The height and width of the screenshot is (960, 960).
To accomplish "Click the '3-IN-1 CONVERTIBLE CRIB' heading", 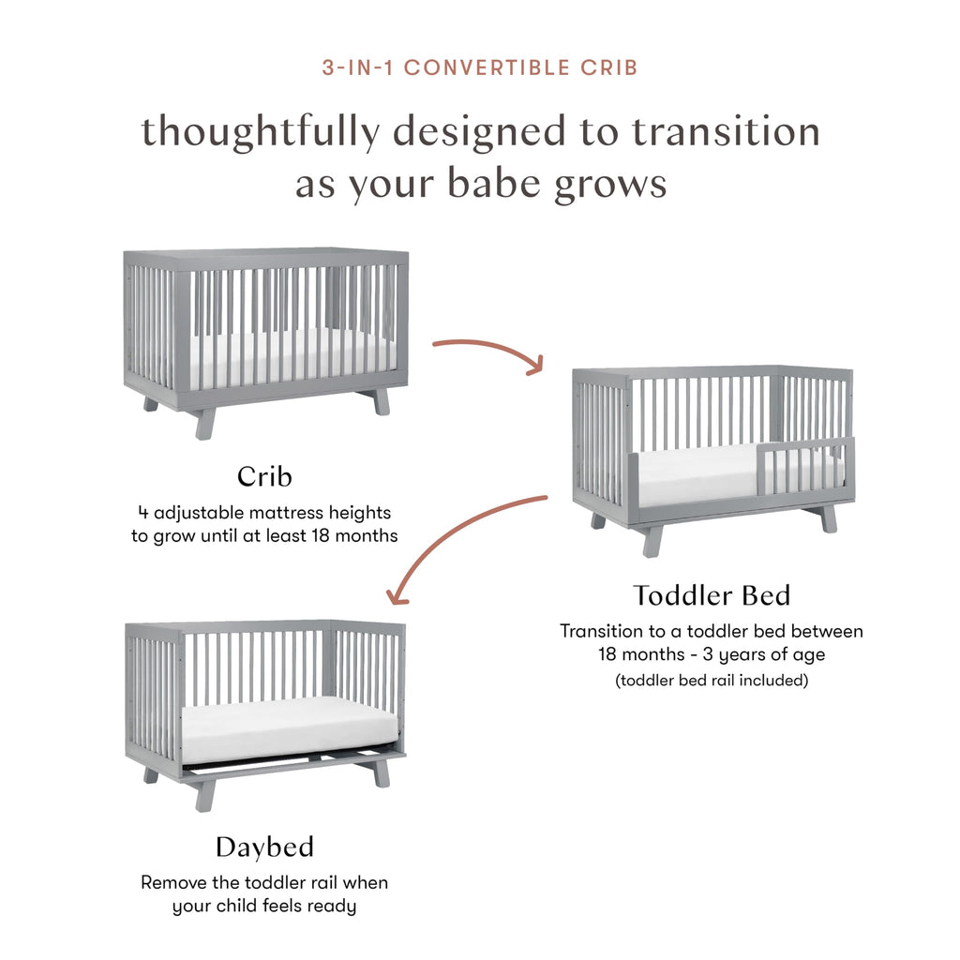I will pyautogui.click(x=479, y=68).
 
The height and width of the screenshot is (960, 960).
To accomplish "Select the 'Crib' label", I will pyautogui.click(x=264, y=476).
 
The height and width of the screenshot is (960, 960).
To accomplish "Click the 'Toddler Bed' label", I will pyautogui.click(x=711, y=595).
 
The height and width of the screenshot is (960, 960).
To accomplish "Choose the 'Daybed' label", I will pyautogui.click(x=264, y=847).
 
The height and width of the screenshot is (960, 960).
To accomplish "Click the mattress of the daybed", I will pyautogui.click(x=281, y=727).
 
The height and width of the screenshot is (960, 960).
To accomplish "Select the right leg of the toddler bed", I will pyautogui.click(x=829, y=518).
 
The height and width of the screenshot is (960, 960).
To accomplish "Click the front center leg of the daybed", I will pyautogui.click(x=205, y=795).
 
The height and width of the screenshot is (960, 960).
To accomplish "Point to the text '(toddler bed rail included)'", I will pyautogui.click(x=711, y=681).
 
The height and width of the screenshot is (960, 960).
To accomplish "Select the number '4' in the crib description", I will pyautogui.click(x=142, y=513).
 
